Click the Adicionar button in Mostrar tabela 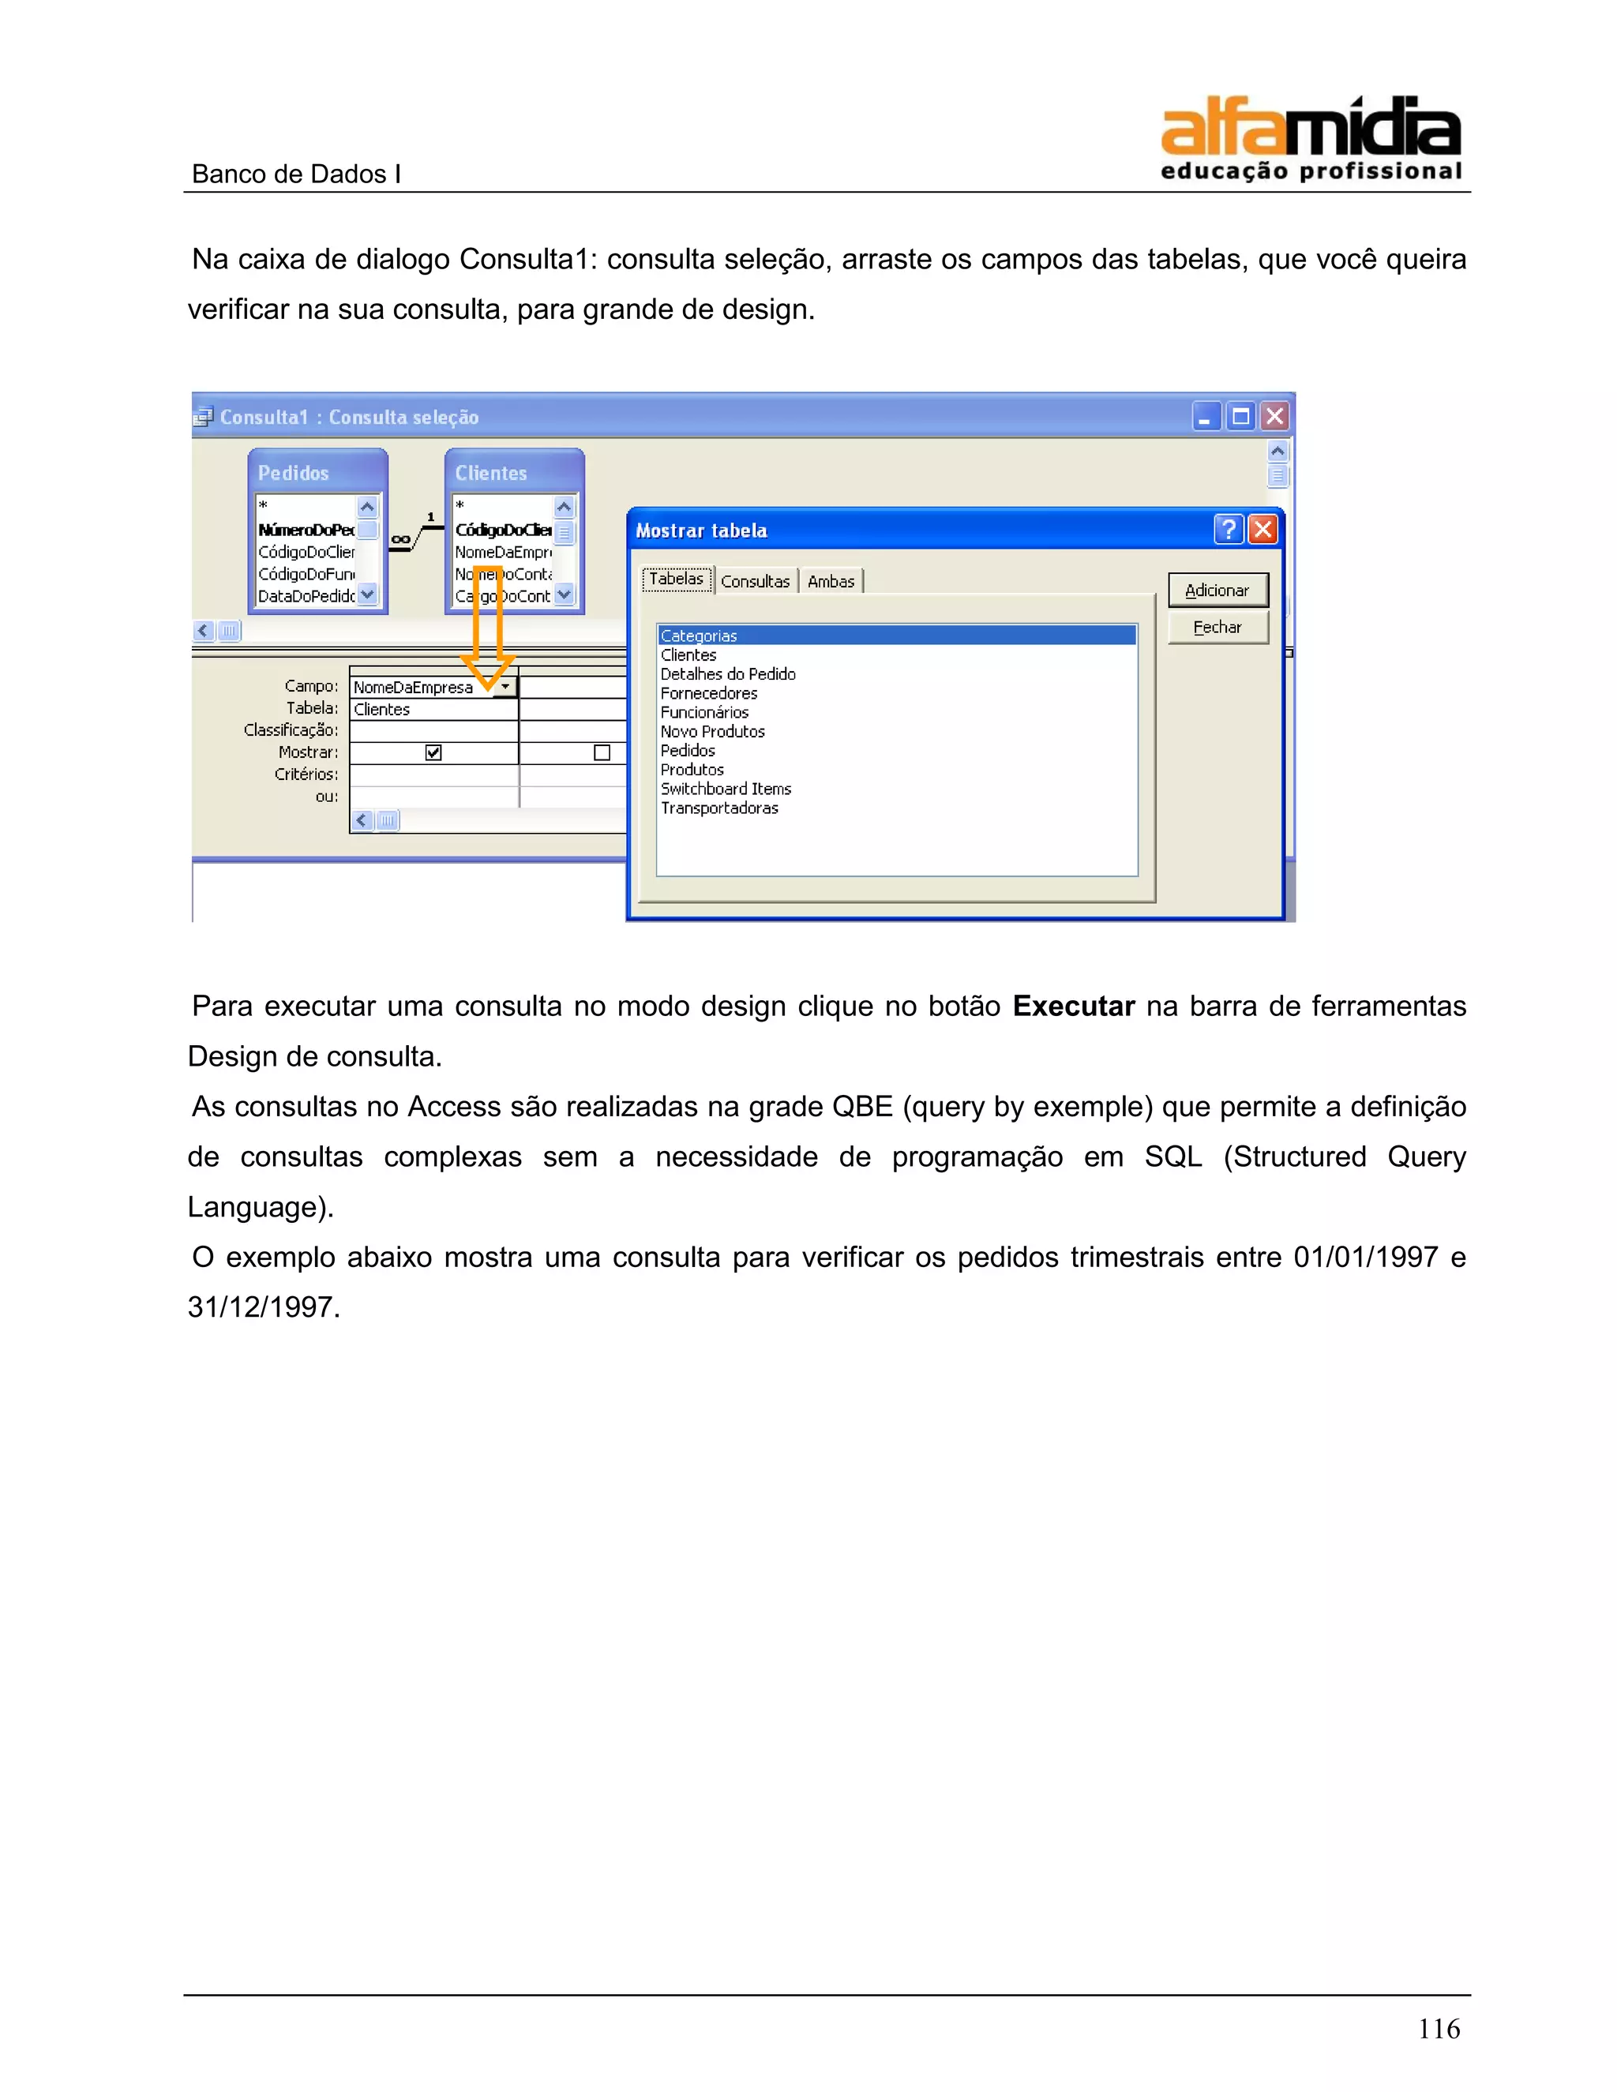1217,590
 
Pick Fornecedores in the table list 709,693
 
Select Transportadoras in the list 719,808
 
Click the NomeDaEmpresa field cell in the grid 414,688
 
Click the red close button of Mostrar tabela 1263,530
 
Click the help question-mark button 1228,530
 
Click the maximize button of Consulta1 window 1240,417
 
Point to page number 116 1439,2028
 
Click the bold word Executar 1073,1006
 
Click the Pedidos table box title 293,473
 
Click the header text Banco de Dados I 296,174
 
